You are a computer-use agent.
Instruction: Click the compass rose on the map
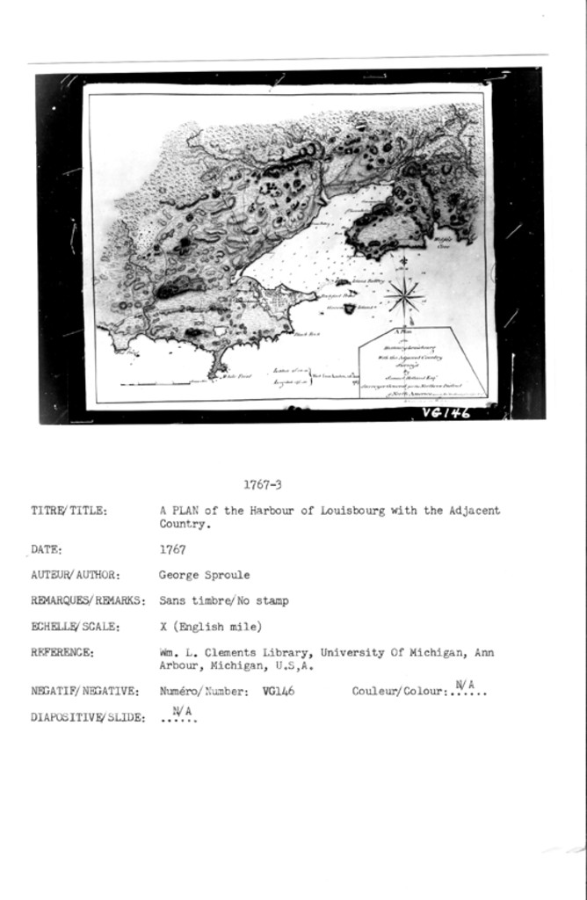[402, 293]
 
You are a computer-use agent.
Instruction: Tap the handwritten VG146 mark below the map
[446, 412]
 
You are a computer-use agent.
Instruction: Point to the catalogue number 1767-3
[262, 483]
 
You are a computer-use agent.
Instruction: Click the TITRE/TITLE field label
[69, 511]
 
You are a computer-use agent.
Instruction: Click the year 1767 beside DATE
[171, 549]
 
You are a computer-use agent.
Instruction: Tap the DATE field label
[47, 550]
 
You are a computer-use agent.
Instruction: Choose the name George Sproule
[204, 575]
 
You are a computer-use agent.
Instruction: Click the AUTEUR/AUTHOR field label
[76, 576]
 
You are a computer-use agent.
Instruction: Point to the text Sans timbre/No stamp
[223, 601]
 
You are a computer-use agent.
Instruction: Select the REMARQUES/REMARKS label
[87, 602]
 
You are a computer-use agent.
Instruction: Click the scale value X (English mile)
[211, 627]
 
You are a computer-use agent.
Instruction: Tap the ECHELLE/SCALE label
[76, 628]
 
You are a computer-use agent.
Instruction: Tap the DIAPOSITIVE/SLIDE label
[88, 718]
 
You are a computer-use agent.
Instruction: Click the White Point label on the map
[236, 375]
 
